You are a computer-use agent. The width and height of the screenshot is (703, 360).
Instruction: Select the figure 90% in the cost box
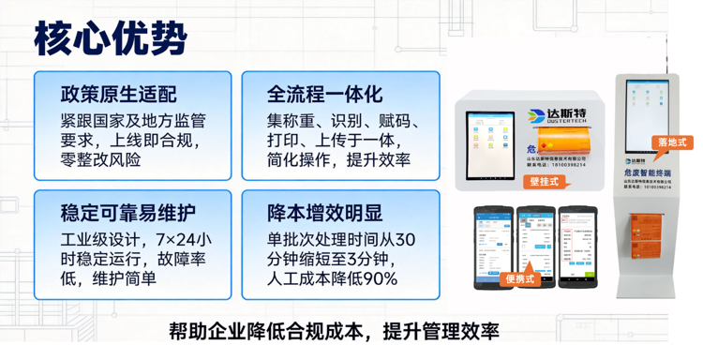coord(379,278)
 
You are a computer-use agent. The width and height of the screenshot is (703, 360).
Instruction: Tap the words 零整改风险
coord(100,160)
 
